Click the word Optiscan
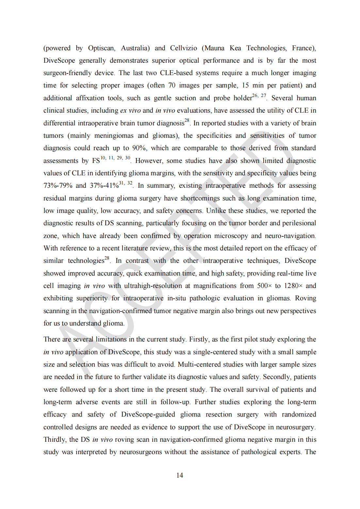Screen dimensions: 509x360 tap(101, 48)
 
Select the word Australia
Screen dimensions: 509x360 tap(135, 48)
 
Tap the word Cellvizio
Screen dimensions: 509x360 tap(183, 48)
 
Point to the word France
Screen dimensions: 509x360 tap(303, 48)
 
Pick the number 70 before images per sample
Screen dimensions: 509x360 tap(172, 86)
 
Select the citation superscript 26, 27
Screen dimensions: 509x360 tap(259, 96)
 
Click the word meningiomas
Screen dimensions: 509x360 tap(114, 136)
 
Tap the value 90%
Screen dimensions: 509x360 tap(139, 148)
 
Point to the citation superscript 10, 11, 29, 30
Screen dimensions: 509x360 tap(115, 158)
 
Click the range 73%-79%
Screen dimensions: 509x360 tap(58, 186)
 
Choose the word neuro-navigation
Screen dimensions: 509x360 tap(290, 236)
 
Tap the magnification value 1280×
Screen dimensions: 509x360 tap(293, 286)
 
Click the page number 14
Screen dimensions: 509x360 tap(180, 475)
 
